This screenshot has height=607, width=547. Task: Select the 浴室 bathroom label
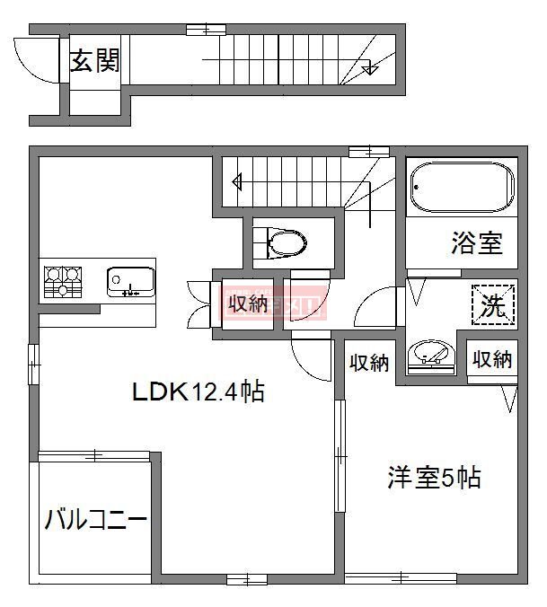476,242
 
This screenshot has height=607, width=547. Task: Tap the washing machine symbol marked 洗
492,305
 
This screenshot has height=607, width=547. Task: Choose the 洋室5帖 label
434,477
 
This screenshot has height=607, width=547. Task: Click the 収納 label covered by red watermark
247,303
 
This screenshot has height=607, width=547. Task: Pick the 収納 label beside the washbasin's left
368,363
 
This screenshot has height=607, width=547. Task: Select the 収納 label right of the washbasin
491,359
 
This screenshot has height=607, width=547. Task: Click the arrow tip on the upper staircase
368,69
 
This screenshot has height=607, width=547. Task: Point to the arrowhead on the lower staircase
237,182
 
